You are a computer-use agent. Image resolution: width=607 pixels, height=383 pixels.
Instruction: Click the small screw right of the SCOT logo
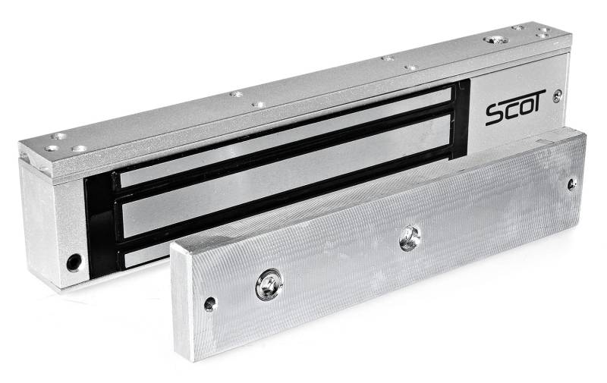(558, 96)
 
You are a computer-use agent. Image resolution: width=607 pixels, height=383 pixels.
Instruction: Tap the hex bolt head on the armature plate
(269, 284)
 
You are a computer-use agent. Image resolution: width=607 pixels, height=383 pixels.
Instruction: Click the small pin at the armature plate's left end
(210, 304)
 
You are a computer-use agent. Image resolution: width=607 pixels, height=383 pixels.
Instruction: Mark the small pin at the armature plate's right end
(572, 183)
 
